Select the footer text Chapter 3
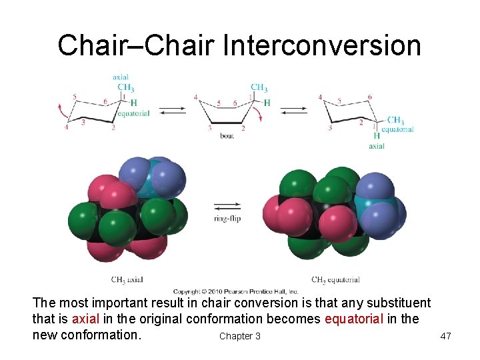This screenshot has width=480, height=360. [239, 336]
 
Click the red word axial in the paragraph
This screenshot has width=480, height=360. [86, 319]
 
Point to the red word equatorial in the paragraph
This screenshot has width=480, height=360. [353, 319]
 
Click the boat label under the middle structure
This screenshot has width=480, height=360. [227, 136]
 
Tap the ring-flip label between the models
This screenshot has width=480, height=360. [227, 218]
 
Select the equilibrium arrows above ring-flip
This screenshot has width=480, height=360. [227, 205]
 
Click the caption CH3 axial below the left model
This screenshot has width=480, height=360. [127, 279]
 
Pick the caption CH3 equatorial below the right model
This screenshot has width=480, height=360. [335, 279]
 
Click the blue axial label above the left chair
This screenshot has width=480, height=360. [121, 77]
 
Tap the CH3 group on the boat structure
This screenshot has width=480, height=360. [259, 87]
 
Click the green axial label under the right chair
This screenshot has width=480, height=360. [377, 145]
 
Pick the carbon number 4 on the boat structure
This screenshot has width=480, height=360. [195, 97]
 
